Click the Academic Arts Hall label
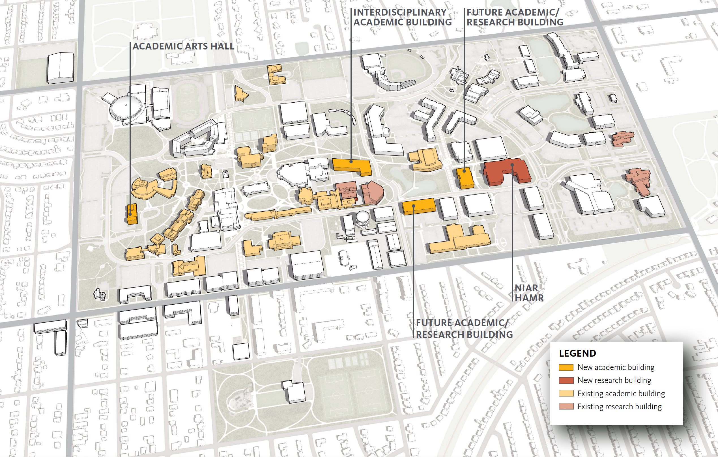(183, 46)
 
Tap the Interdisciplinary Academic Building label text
(402, 17)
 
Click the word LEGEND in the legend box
(577, 353)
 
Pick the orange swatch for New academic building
(566, 367)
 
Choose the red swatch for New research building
(566, 380)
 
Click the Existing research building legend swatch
(566, 406)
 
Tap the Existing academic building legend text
(621, 393)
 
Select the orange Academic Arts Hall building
(132, 214)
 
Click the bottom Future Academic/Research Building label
(464, 329)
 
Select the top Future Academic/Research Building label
(515, 17)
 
